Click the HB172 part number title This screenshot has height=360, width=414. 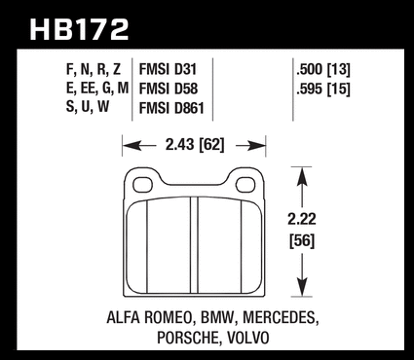(x=79, y=29)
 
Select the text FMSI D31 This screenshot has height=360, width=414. (x=168, y=69)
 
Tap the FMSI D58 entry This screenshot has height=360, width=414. (x=169, y=89)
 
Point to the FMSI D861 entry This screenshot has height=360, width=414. (x=171, y=108)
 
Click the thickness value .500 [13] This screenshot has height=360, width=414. (x=323, y=70)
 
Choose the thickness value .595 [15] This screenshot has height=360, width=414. (x=323, y=89)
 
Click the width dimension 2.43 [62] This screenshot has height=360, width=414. (x=195, y=145)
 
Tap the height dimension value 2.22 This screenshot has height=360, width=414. (x=302, y=219)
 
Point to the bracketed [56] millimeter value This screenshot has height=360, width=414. (x=302, y=241)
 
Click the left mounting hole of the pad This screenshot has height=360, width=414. (x=142, y=185)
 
